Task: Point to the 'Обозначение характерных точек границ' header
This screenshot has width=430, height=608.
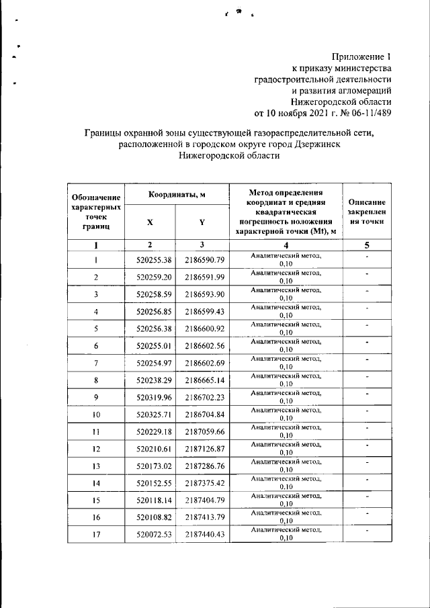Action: (96, 212)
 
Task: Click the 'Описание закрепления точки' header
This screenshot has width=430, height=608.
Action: (367, 212)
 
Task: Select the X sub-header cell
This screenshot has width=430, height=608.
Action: (150, 222)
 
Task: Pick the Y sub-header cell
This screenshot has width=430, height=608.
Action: (202, 222)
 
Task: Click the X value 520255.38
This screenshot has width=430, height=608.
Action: (154, 260)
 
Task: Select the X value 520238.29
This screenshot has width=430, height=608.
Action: (154, 380)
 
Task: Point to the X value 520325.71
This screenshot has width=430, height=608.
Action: (154, 415)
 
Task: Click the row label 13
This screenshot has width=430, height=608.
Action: (96, 466)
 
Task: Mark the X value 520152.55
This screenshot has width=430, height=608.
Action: (154, 484)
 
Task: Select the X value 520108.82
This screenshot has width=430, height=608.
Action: (154, 518)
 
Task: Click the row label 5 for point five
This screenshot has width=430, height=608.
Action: (96, 329)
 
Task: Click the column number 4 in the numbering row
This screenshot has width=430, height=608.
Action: (286, 245)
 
